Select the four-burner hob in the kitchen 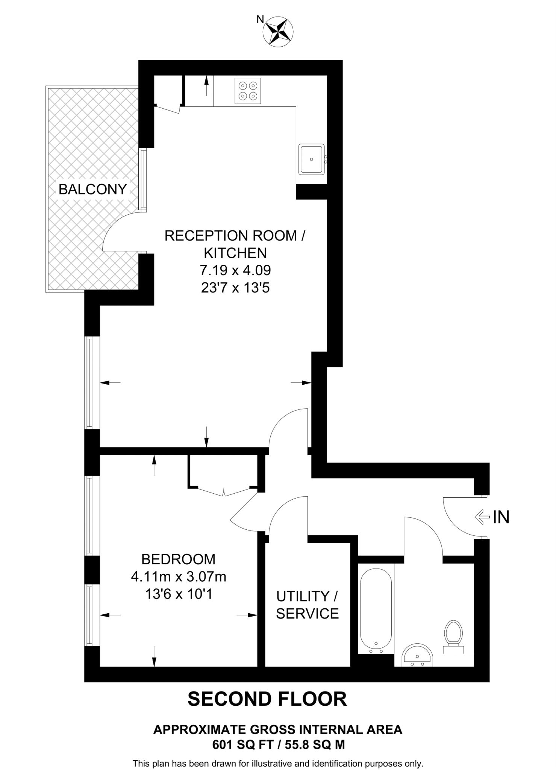point(247,91)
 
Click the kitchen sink point(311,159)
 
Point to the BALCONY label point(92,189)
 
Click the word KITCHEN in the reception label point(235,253)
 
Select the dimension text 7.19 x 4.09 point(235,270)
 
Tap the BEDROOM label point(178,559)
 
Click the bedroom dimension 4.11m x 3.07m point(178,576)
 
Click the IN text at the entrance point(501,517)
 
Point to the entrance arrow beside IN point(482,517)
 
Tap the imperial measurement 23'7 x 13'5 point(235,288)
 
